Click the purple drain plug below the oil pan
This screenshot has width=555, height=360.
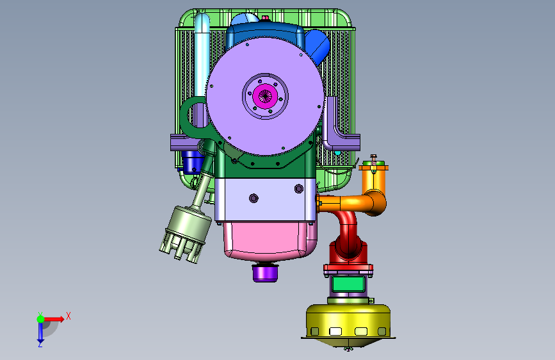[x=265, y=273]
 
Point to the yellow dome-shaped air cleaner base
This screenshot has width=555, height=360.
[x=348, y=322]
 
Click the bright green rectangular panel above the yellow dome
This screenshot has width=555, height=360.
[x=348, y=284]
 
